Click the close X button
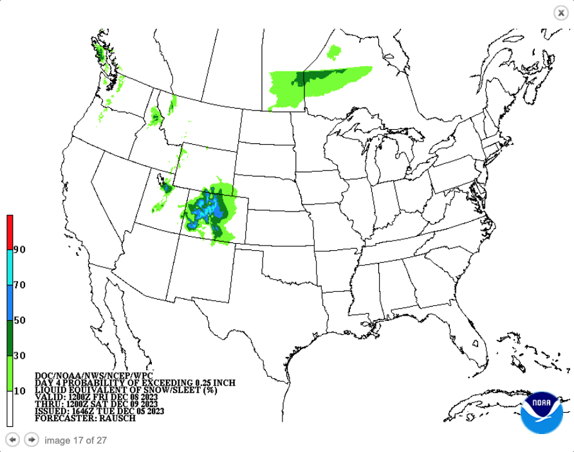pyautogui.click(x=561, y=13)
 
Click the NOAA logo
pyautogui.click(x=542, y=411)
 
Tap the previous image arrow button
pyautogui.click(x=12, y=440)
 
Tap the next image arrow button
pyautogui.click(x=31, y=440)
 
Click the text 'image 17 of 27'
pyautogui.click(x=75, y=440)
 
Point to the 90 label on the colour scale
pyautogui.click(x=19, y=249)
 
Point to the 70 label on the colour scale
pyautogui.click(x=19, y=285)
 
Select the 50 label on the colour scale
pyautogui.click(x=19, y=320)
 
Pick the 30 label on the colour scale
pyautogui.click(x=19, y=356)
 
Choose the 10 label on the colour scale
pyautogui.click(x=19, y=391)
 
